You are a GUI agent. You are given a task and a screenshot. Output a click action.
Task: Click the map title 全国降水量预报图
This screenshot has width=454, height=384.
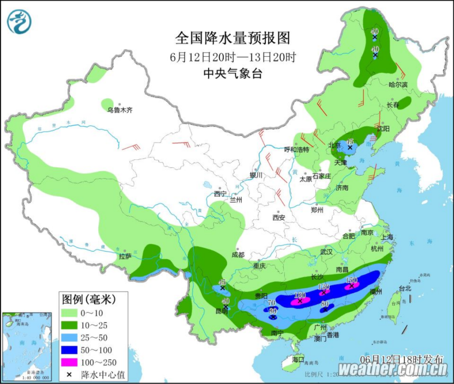pyautogui.click(x=232, y=38)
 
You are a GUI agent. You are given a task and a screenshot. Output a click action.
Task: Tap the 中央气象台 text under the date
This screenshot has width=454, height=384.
pyautogui.click(x=232, y=74)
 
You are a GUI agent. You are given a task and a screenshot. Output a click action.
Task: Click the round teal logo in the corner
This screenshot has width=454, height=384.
pyautogui.click(x=19, y=21)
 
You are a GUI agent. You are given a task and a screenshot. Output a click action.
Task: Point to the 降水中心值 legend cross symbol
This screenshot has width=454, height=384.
pyautogui.click(x=68, y=374)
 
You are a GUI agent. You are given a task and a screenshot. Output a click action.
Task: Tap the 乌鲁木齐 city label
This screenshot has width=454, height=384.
pyautogui.click(x=120, y=110)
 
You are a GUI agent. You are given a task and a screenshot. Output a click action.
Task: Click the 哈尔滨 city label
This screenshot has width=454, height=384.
pyautogui.click(x=398, y=84)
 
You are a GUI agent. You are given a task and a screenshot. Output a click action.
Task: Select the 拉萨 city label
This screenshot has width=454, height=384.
pyautogui.click(x=125, y=256)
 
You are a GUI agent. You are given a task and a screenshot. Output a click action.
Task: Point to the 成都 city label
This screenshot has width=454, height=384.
pyautogui.click(x=237, y=255)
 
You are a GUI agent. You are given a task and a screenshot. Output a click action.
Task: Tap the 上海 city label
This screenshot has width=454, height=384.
pyautogui.click(x=387, y=237)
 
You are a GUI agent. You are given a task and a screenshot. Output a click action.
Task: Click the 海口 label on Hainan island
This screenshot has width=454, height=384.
pyautogui.click(x=298, y=360)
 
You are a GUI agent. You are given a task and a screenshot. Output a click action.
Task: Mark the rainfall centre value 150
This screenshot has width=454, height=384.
pyautogui.click(x=351, y=280)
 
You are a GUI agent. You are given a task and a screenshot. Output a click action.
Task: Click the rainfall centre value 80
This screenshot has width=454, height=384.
pyautogui.click(x=325, y=303)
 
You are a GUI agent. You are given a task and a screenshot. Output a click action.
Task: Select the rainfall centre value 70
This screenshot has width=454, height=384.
pyautogui.click(x=271, y=302)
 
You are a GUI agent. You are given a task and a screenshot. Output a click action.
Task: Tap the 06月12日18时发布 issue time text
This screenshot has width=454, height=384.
pyautogui.click(x=401, y=359)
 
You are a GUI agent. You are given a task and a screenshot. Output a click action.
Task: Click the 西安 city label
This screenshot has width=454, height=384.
pyautogui.click(x=278, y=217)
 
